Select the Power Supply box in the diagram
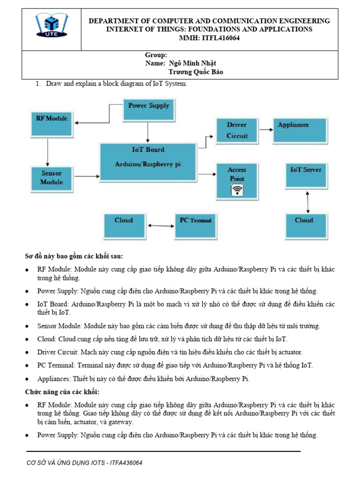[x=148, y=111]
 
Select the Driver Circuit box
[x=237, y=130]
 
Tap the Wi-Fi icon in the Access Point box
[x=238, y=190]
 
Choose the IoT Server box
[x=306, y=176]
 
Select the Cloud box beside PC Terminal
[x=124, y=225]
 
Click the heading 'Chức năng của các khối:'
[x=62, y=392]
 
